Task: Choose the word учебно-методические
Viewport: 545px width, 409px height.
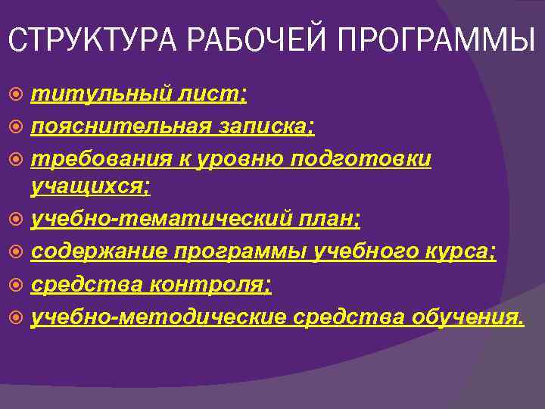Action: pos(159,316)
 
